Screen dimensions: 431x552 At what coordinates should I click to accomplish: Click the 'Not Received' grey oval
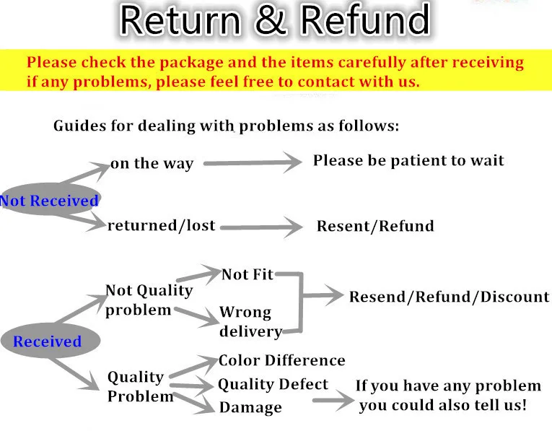[49, 201]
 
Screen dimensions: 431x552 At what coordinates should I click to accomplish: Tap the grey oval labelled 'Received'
[47, 341]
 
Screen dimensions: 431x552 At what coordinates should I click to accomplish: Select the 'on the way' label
[152, 164]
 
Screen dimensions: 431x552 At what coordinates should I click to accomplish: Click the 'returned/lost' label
[161, 225]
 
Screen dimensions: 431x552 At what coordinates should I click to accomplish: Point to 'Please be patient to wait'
[408, 160]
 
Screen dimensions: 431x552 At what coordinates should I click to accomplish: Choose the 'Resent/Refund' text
[375, 226]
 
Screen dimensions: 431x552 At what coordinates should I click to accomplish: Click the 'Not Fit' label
[247, 274]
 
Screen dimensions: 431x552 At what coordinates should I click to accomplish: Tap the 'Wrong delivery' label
[250, 322]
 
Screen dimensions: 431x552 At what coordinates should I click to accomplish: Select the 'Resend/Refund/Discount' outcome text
[449, 297]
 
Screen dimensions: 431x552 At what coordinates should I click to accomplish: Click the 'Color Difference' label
[281, 360]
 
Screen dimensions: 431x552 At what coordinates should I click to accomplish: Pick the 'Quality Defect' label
[273, 384]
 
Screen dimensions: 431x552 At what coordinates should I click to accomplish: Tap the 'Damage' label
[250, 408]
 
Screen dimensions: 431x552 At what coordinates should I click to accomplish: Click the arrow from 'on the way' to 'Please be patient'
[252, 162]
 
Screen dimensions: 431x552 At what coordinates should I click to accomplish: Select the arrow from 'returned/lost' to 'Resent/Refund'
[261, 227]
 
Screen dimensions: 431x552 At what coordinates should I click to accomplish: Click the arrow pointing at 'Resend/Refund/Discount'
[322, 295]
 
